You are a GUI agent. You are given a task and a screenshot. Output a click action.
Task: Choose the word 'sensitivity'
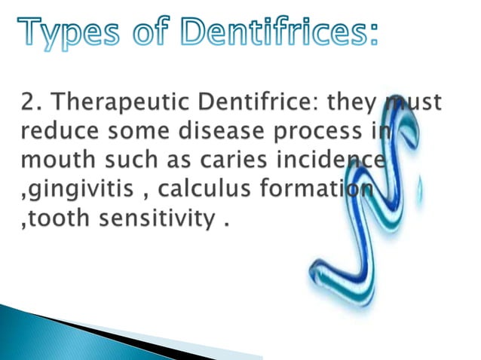tap(154, 220)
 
